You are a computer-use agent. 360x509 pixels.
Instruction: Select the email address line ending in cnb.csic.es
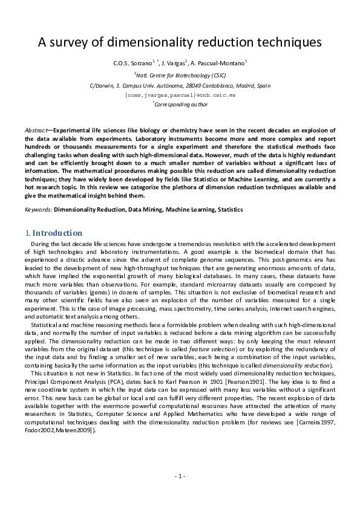click(180, 95)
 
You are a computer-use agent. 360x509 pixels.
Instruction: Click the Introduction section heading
click(57, 233)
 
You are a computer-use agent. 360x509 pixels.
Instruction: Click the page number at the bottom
click(180, 476)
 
